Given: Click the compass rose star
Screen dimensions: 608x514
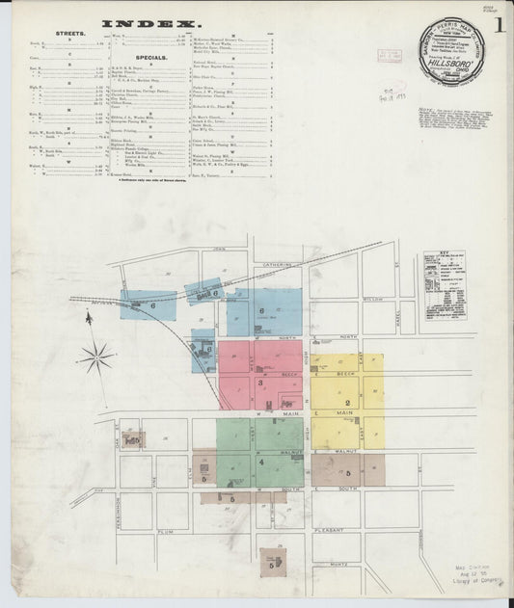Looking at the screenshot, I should point(97,357).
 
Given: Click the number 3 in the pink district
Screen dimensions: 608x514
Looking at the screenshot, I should point(261,383).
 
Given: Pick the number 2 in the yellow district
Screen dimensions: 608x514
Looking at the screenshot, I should point(346,402).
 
